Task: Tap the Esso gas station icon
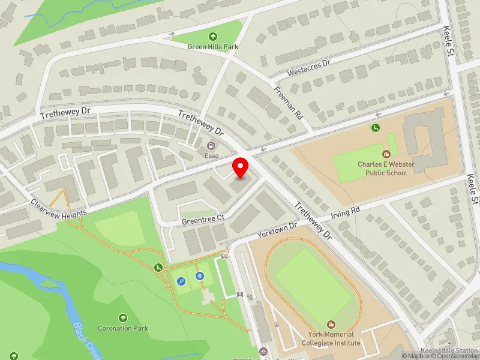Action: click(211, 146)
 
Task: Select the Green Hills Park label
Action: click(214, 47)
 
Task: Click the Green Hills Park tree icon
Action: click(213, 37)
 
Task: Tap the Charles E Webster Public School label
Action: click(382, 168)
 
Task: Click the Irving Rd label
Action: click(347, 212)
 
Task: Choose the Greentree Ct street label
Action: click(203, 220)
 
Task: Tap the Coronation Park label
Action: click(123, 328)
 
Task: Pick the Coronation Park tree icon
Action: click(123, 318)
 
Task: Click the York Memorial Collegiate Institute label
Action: click(332, 338)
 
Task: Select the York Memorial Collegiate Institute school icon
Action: click(332, 324)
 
